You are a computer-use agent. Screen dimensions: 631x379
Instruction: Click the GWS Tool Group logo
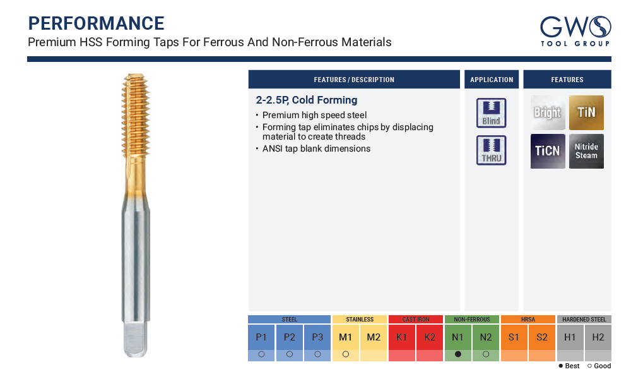(575, 32)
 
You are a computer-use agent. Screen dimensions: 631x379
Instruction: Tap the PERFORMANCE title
(96, 23)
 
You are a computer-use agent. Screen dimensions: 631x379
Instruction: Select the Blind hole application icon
(492, 113)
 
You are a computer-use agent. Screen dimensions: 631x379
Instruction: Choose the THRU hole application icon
(492, 150)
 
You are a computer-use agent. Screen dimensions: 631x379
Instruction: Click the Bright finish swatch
(548, 113)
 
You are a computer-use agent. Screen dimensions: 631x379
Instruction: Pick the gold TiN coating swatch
(586, 113)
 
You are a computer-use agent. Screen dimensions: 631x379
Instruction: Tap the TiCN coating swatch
(548, 151)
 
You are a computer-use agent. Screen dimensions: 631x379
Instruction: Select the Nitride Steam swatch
(586, 151)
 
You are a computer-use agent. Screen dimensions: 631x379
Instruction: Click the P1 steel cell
(262, 337)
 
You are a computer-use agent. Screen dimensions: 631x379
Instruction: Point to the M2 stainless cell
(374, 337)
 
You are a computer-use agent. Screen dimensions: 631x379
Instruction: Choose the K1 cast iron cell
(401, 337)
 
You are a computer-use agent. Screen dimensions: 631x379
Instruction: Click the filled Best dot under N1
(458, 354)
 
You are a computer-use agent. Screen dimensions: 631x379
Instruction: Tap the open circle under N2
(486, 354)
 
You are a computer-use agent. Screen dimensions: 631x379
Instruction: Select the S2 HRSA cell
(541, 337)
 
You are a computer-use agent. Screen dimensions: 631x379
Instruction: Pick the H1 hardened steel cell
(570, 337)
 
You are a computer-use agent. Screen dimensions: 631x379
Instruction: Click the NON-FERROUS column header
(471, 320)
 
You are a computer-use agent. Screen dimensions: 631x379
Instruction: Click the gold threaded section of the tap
(136, 116)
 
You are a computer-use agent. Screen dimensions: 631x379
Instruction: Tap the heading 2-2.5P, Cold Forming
(307, 100)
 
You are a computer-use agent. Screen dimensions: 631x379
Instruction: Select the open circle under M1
(346, 354)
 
